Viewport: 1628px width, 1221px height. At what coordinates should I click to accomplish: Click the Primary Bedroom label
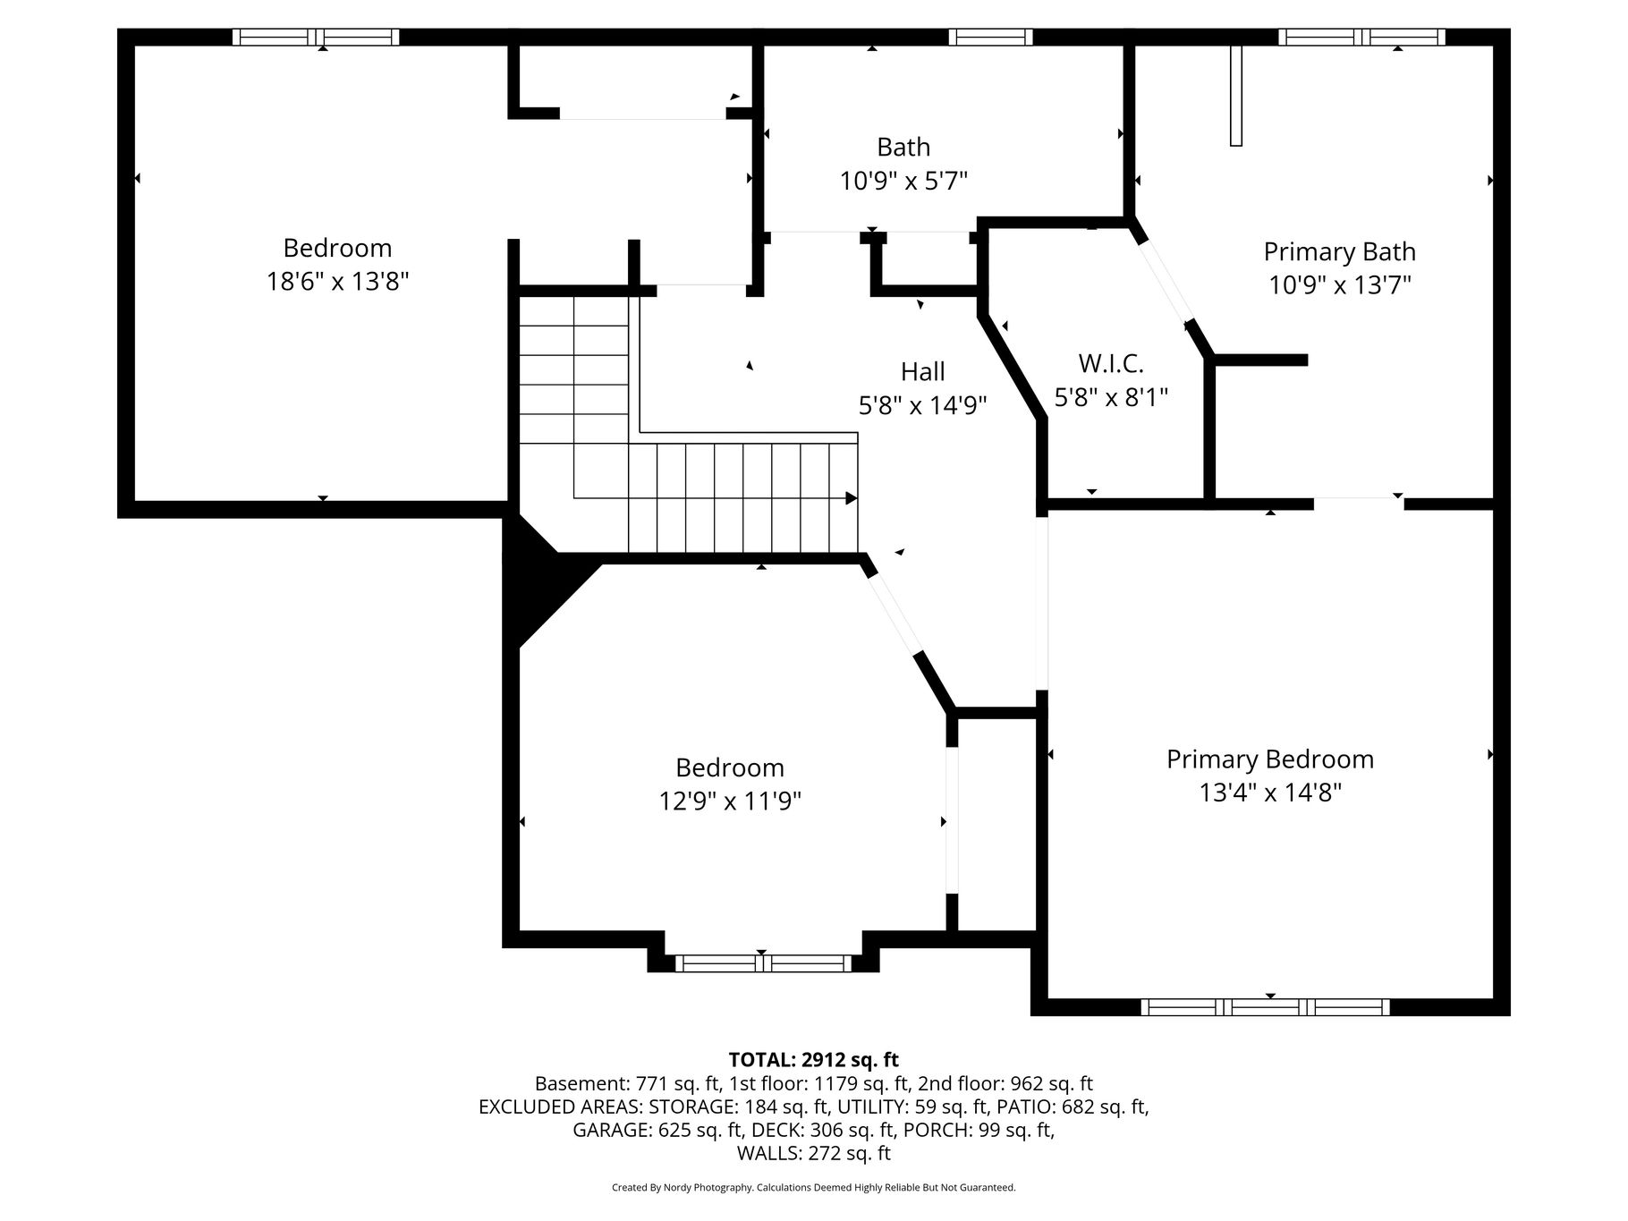[x=1269, y=759]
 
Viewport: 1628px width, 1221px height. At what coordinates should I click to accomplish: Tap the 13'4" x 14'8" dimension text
[x=1270, y=793]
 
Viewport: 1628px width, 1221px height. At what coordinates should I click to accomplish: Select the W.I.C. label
[x=1111, y=364]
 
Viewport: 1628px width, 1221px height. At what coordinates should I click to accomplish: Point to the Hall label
[x=922, y=371]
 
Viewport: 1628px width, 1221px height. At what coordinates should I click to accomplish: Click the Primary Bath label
[x=1339, y=252]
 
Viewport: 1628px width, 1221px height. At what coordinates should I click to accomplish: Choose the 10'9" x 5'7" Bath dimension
[x=903, y=182]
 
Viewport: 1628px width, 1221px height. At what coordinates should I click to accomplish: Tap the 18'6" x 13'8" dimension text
[x=337, y=282]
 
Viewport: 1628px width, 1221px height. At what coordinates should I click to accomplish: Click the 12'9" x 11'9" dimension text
[x=730, y=801]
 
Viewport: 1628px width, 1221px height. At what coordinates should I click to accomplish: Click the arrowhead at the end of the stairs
[x=852, y=498]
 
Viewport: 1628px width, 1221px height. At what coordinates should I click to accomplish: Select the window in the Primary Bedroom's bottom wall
[x=1265, y=1007]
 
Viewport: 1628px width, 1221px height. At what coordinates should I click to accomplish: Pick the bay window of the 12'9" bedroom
[x=763, y=963]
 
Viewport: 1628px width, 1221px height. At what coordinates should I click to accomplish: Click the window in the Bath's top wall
[x=990, y=37]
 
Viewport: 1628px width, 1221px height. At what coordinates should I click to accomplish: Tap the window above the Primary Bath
[x=1361, y=37]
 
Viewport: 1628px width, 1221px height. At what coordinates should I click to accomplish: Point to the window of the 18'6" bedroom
[x=316, y=37]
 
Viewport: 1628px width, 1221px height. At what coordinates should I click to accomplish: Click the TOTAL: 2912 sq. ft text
[x=813, y=1061]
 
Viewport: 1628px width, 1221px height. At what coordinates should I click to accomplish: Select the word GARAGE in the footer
[x=612, y=1131]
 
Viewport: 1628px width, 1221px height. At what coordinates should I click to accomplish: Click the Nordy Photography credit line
[x=813, y=1188]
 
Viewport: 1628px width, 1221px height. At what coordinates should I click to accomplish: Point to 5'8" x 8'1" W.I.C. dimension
[x=1111, y=397]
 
